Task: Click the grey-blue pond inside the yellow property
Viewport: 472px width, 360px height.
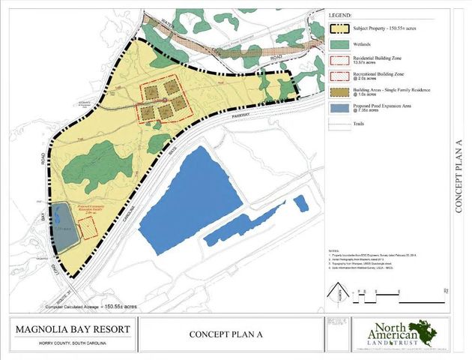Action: click(x=64, y=229)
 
